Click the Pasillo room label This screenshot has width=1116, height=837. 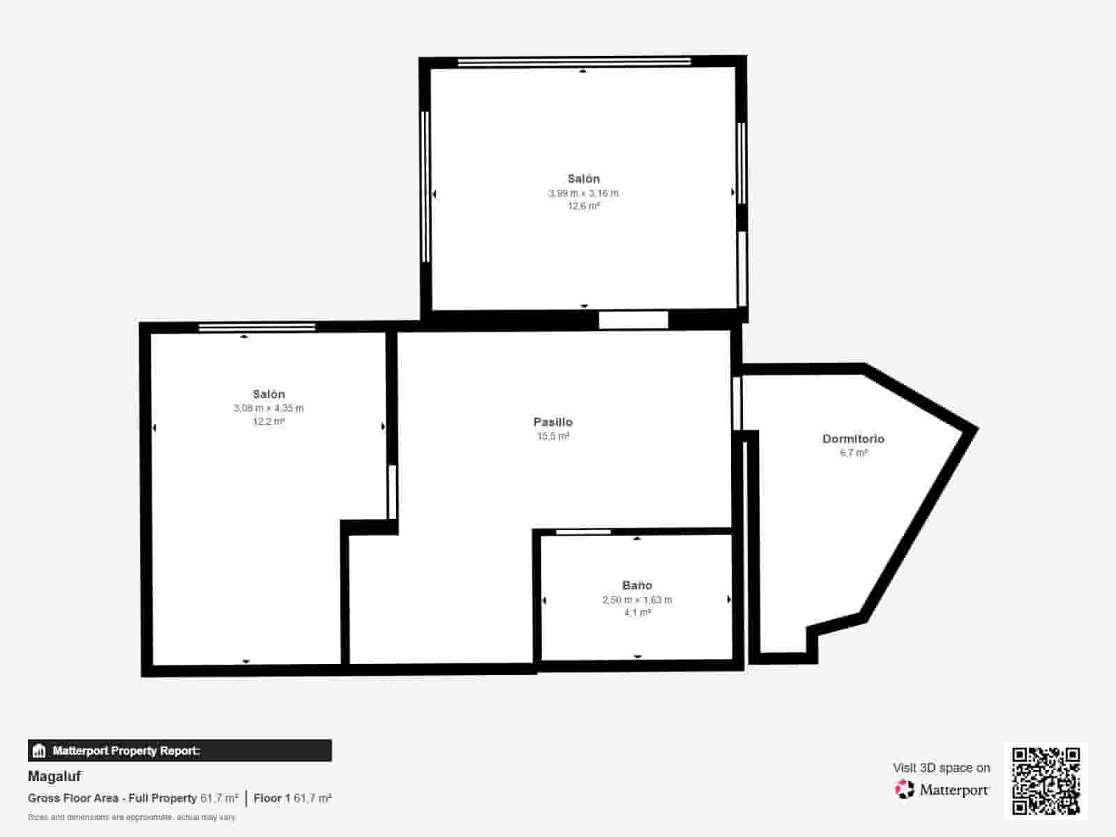pos(552,422)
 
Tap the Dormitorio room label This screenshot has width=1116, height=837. pos(853,439)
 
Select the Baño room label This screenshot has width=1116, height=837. pos(637,585)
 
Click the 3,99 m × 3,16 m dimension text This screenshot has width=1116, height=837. pos(583,193)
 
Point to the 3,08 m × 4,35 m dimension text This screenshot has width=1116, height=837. pos(269,408)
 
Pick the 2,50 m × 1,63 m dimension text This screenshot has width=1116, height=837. pos(637,600)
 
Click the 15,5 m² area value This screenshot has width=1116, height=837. pos(552,437)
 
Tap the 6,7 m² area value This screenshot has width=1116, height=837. pos(853,453)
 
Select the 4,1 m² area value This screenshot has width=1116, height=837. pos(637,613)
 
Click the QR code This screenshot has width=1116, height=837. pos(1046,781)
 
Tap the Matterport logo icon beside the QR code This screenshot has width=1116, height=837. pos(905,790)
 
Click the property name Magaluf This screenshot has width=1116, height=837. pos(54,776)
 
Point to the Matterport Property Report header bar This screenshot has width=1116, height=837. pos(180,751)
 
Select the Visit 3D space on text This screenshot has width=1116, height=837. pos(941,768)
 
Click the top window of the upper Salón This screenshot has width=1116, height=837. pos(574,62)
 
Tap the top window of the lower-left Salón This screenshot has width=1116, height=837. pos(257,326)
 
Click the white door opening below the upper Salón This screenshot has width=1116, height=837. pos(633,320)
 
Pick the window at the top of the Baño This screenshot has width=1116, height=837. pos(583,532)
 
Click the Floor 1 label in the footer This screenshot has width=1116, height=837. pos(271,798)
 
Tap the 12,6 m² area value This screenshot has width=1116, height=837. pos(583,206)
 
